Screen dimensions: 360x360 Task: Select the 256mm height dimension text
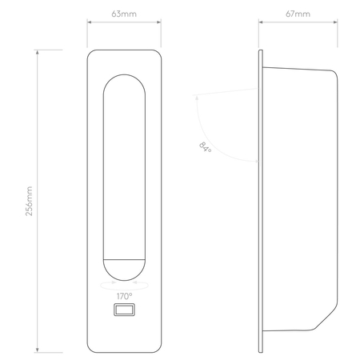click(x=30, y=201)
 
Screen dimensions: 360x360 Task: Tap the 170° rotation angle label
click(x=124, y=295)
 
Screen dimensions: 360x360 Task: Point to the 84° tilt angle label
click(x=206, y=147)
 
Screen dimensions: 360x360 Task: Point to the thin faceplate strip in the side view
click(x=261, y=200)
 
